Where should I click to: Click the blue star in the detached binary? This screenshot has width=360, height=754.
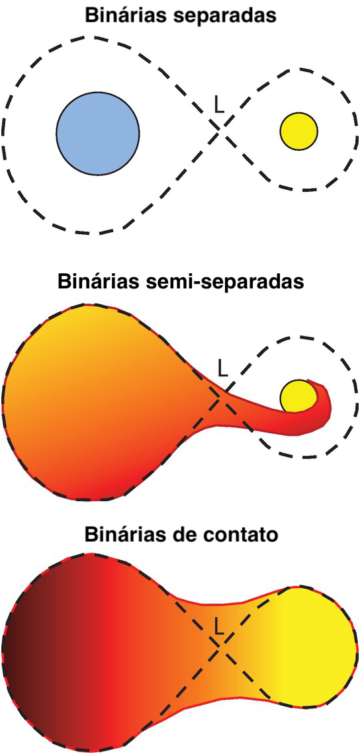[x=98, y=132]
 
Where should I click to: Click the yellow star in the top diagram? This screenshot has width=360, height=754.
[x=298, y=131]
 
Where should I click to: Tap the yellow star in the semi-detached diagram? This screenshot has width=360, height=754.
[x=298, y=396]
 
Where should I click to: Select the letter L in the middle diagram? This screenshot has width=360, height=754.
[x=222, y=368]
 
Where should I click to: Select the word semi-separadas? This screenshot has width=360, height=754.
[x=225, y=280]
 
